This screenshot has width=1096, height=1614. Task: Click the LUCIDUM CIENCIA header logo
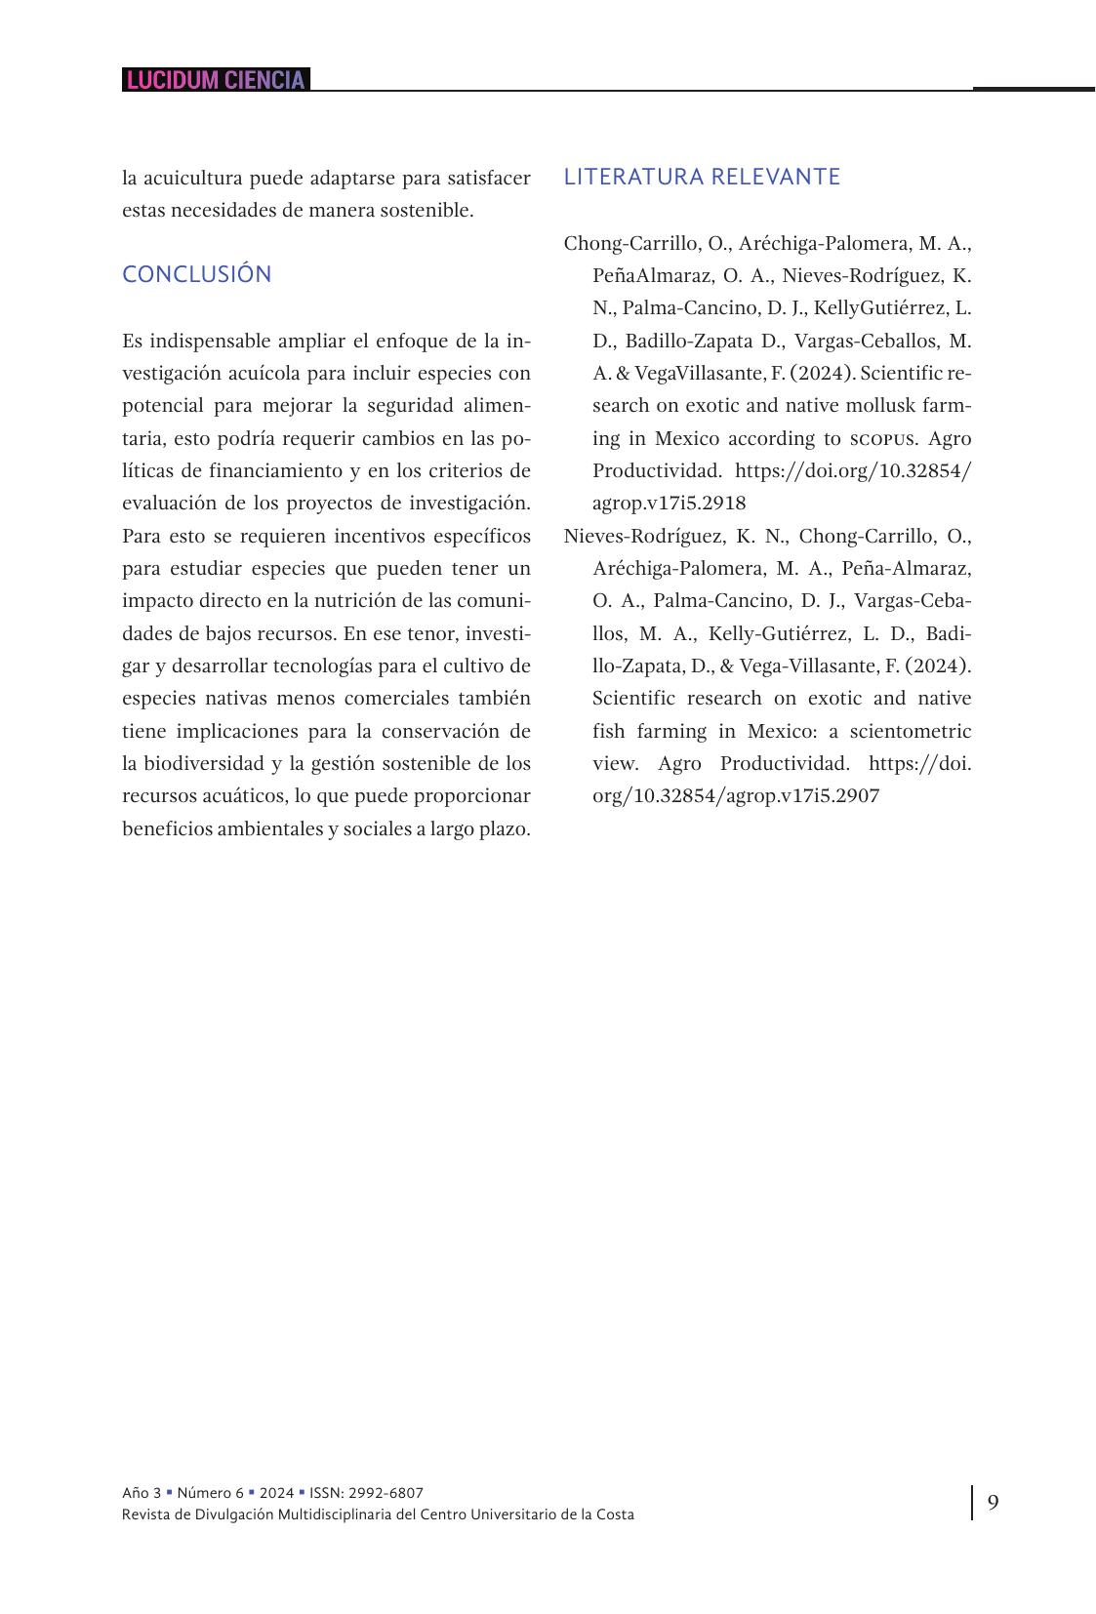216,80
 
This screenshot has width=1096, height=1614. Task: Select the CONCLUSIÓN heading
196,275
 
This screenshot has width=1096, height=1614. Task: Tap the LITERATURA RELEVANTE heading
702,177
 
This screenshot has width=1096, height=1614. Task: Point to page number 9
993,1502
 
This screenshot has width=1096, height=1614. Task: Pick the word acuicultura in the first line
192,179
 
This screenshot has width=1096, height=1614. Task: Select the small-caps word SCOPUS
882,439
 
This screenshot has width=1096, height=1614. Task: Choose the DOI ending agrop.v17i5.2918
669,504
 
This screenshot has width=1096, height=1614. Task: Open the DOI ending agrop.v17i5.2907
735,796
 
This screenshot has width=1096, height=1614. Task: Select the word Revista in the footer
145,1515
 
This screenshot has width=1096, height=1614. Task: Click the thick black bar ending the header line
1034,89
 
